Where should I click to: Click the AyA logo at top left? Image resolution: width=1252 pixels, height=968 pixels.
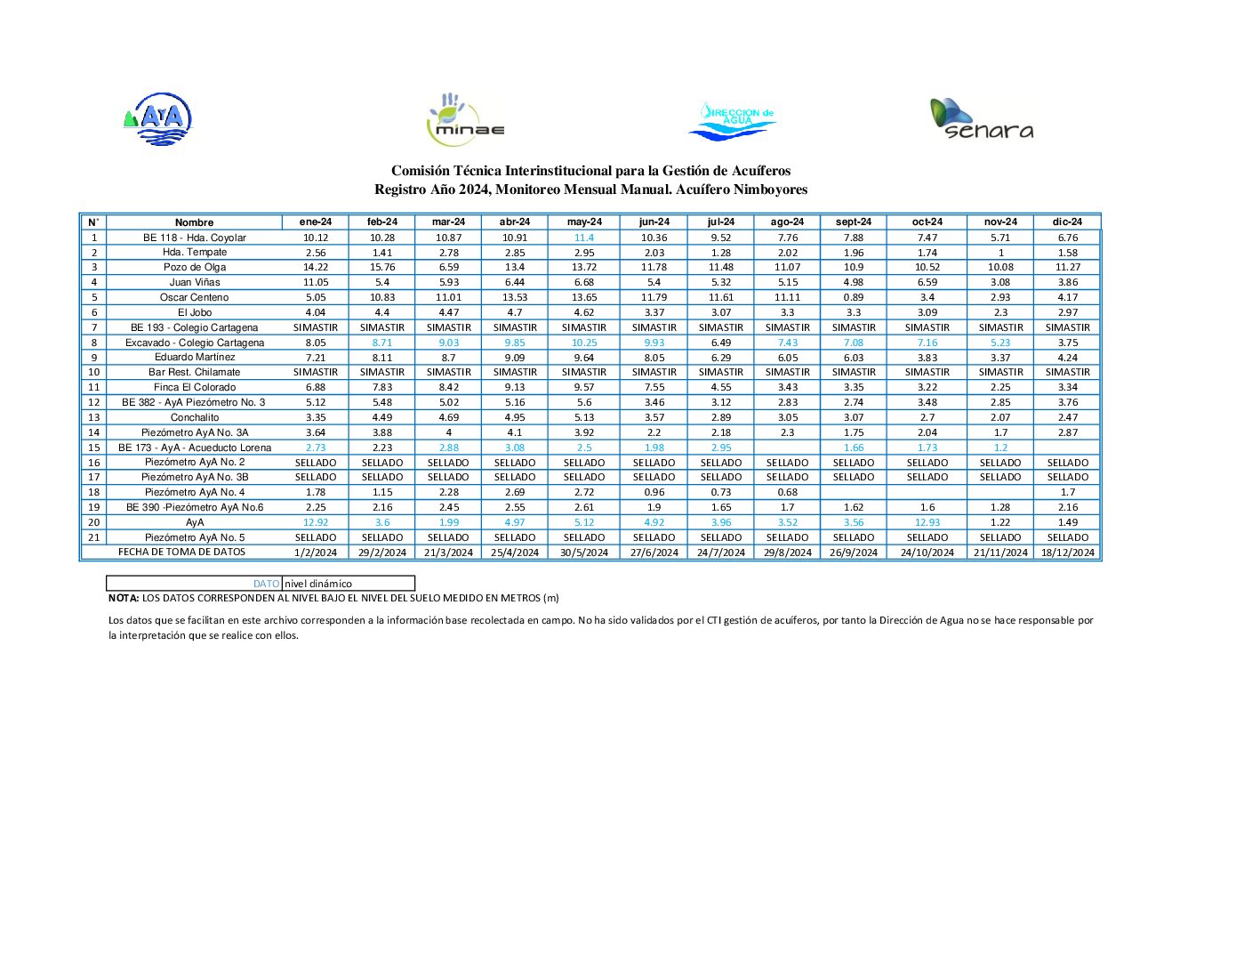click(x=158, y=119)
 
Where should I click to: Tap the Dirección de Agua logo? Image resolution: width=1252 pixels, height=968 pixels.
click(x=733, y=120)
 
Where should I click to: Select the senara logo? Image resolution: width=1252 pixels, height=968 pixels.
click(x=982, y=119)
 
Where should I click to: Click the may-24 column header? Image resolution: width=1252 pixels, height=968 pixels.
click(x=584, y=222)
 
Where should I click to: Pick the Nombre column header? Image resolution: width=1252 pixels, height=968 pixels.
click(x=194, y=222)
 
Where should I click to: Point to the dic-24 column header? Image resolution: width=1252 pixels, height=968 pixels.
click(x=1067, y=222)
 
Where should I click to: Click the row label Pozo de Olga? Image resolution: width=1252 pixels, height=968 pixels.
click(x=195, y=267)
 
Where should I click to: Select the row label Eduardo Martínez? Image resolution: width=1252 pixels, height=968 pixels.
click(x=195, y=357)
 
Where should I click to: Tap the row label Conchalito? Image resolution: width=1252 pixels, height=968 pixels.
click(x=195, y=417)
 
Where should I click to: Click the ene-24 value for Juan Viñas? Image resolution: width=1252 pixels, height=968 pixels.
click(x=316, y=282)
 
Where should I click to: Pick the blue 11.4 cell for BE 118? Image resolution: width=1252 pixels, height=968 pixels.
click(x=584, y=238)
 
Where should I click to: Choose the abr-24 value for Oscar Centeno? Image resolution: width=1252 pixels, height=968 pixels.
click(x=515, y=297)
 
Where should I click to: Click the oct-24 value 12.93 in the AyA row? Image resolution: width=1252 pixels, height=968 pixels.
click(x=927, y=522)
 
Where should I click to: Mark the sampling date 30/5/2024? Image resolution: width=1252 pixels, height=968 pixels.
click(x=584, y=553)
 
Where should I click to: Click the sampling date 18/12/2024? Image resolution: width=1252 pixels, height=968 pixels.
click(x=1067, y=553)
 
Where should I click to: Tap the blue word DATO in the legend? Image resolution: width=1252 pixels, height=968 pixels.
click(x=266, y=584)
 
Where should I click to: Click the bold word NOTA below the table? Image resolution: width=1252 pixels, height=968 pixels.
click(x=124, y=598)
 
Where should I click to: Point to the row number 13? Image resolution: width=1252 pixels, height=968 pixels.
click(x=93, y=417)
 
